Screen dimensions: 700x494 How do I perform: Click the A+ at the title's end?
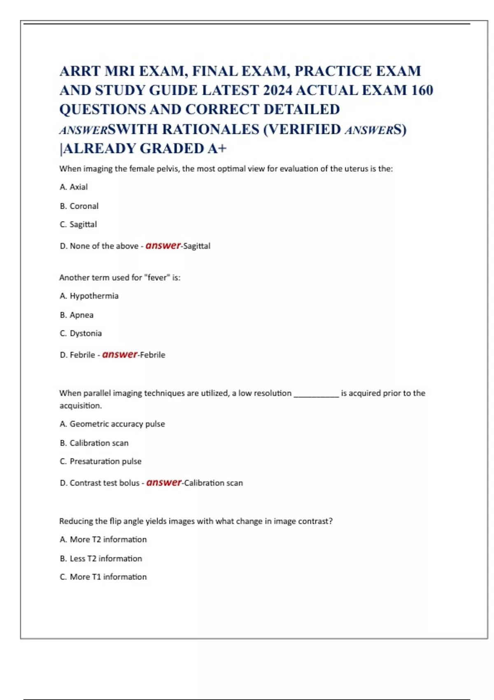(217, 148)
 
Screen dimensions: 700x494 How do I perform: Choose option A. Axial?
(74, 187)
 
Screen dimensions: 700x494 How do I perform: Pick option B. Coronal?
(79, 206)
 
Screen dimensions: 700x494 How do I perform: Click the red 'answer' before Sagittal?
(163, 245)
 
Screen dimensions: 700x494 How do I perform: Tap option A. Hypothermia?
(89, 296)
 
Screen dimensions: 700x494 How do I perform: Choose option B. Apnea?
(77, 315)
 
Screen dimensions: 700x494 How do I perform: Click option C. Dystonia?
(81, 333)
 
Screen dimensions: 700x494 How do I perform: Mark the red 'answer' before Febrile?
(120, 354)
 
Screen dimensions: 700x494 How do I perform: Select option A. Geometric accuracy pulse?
(112, 424)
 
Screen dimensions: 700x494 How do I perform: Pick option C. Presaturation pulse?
(100, 462)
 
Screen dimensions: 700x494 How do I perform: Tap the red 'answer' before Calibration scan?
(164, 482)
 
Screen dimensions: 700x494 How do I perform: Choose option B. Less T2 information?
(101, 559)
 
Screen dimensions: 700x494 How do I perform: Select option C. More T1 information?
(103, 577)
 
